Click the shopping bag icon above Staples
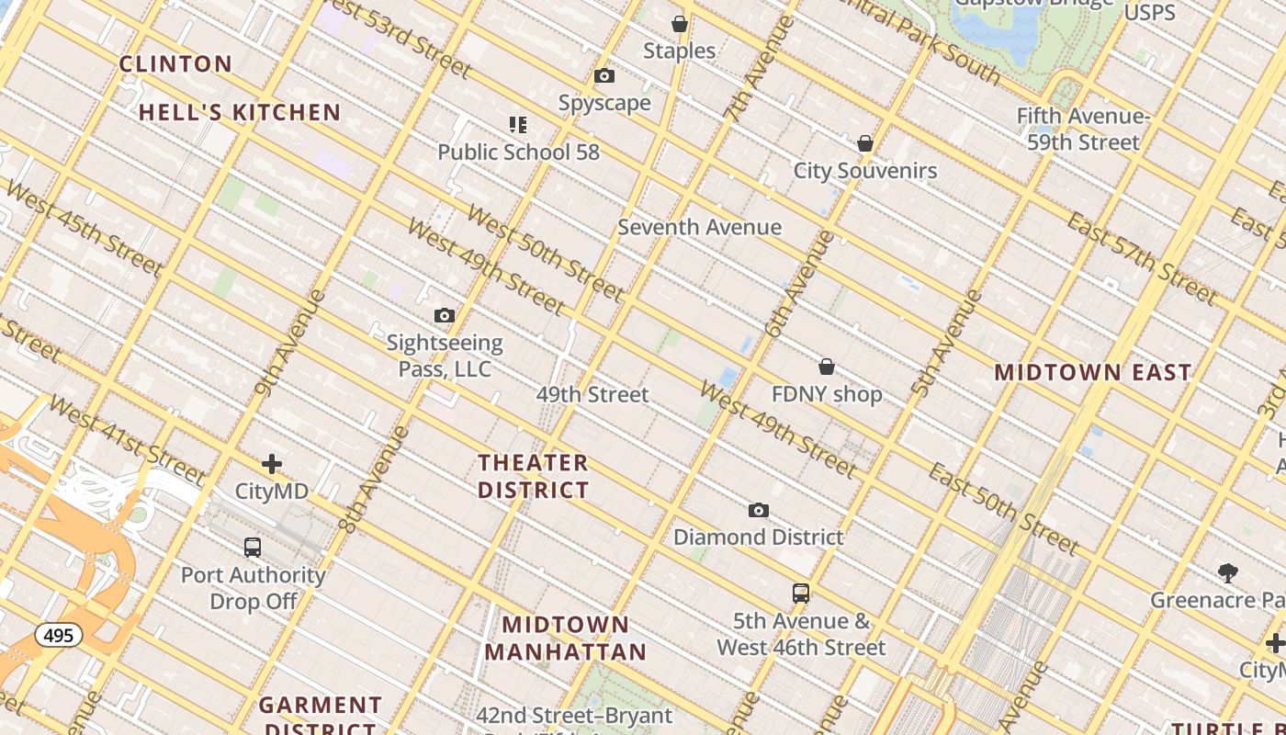point(680,24)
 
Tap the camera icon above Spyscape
point(604,76)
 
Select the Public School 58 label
point(518,152)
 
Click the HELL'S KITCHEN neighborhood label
point(240,113)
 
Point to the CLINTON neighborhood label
point(176,64)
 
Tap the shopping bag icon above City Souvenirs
point(864,144)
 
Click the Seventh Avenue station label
point(699,227)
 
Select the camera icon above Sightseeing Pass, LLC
point(445,316)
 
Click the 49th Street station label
point(592,394)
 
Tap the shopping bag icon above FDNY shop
point(827,367)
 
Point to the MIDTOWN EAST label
point(1093,373)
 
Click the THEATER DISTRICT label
point(534,476)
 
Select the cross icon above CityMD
point(272,465)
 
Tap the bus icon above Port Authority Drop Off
point(253,548)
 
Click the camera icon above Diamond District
point(759,511)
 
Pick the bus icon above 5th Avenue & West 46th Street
point(801,594)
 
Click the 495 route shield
point(59,635)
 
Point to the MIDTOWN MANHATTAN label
point(566,639)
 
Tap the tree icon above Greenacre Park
point(1228,574)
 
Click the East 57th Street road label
point(1142,258)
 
